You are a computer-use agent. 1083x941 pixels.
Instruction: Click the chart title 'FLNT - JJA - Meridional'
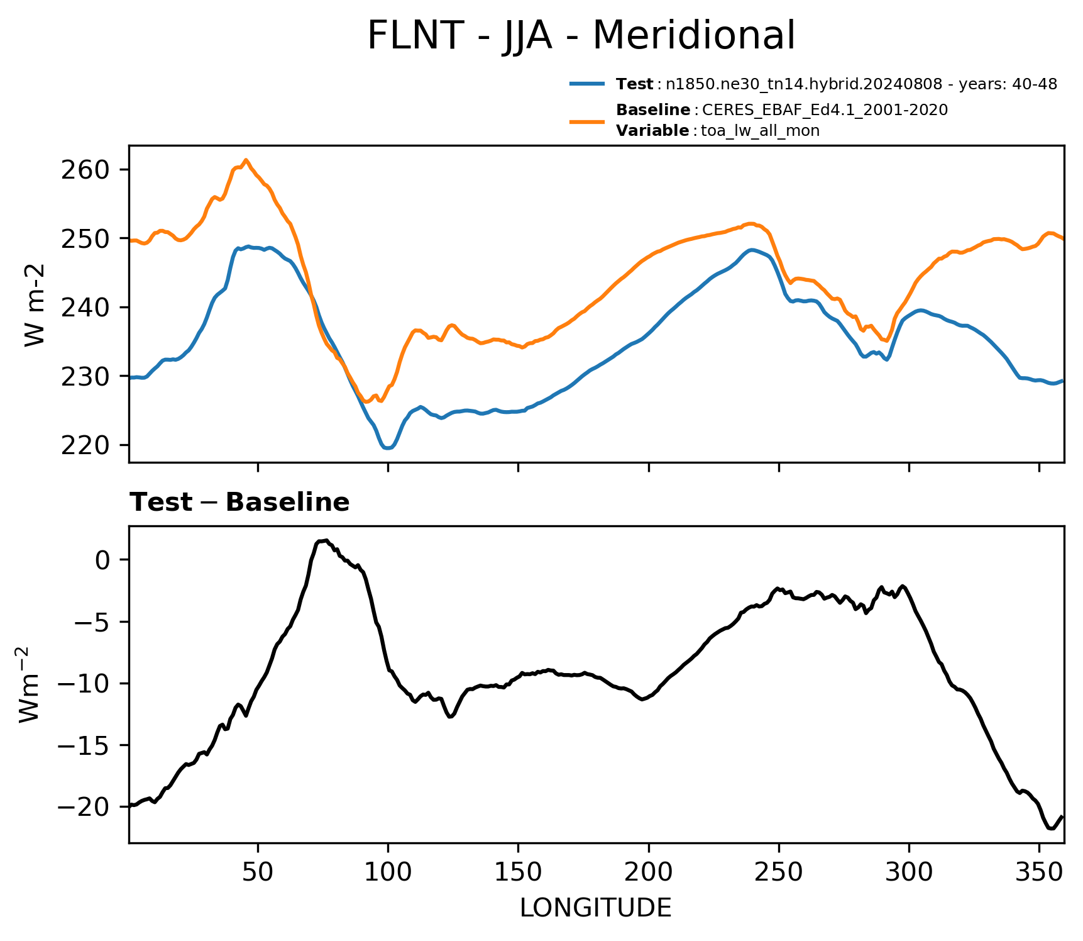point(581,36)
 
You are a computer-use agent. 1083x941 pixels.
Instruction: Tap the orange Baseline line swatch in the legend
point(588,120)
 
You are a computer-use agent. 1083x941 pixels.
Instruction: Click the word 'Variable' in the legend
point(652,131)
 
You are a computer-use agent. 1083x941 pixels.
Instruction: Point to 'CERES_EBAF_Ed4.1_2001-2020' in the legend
point(825,110)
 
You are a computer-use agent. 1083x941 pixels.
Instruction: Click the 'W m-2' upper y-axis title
point(35,304)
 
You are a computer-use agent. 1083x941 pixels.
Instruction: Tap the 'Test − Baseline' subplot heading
point(239,503)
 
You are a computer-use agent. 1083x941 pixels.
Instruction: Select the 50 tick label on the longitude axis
point(258,872)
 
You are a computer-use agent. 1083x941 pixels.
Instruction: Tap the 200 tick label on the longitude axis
point(649,872)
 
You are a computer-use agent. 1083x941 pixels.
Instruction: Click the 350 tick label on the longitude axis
point(1039,872)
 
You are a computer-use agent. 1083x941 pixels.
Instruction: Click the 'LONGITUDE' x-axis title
point(596,908)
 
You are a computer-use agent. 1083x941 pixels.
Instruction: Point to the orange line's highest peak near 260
point(246,160)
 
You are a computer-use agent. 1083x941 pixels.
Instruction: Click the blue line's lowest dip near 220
point(388,448)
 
